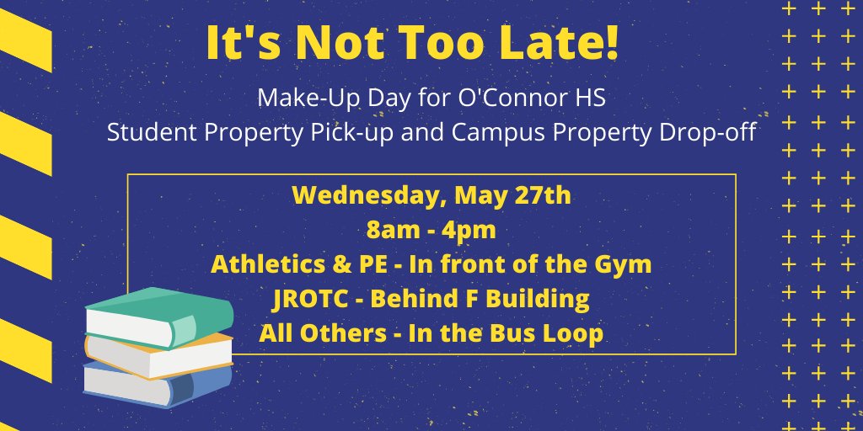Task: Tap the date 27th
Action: tap(541, 197)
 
